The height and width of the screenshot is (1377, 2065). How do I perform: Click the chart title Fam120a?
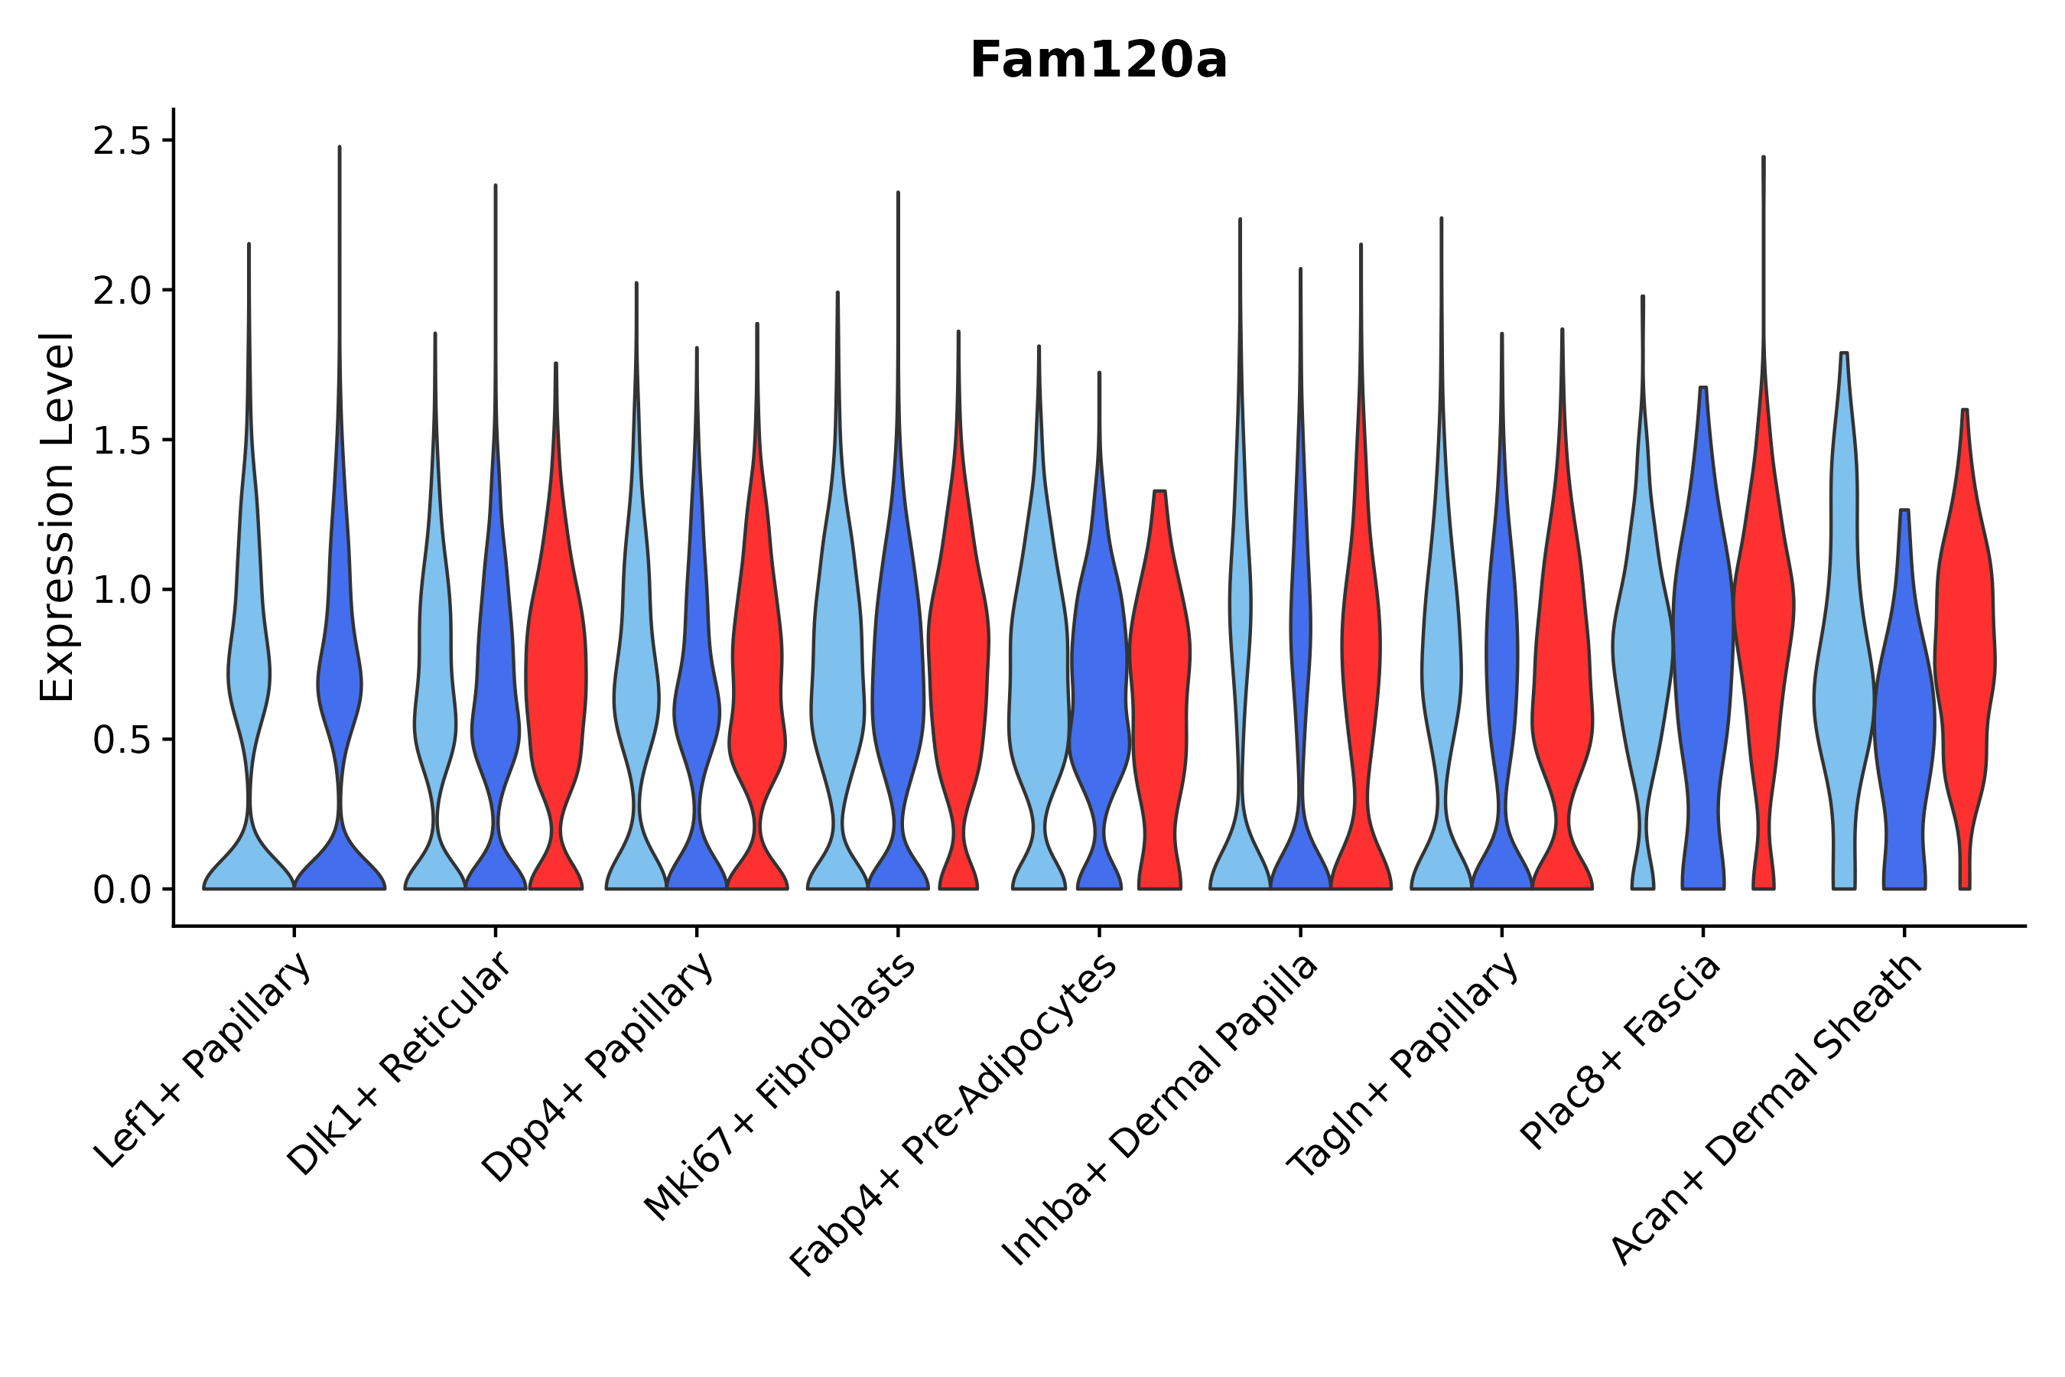pos(1098,61)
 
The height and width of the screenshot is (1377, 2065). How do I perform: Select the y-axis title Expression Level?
pos(57,516)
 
